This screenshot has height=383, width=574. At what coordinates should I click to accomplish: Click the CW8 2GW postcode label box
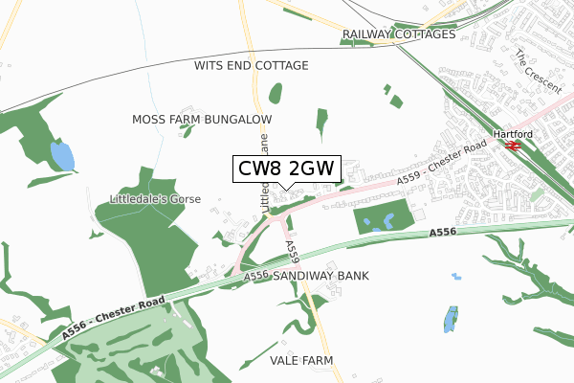(286, 169)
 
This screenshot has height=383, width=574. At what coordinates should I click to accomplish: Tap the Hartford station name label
(511, 134)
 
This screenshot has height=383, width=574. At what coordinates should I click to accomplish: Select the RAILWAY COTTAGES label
(399, 34)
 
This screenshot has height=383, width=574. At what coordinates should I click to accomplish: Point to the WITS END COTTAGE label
(251, 66)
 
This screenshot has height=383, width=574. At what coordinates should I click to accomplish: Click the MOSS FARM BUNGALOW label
(202, 119)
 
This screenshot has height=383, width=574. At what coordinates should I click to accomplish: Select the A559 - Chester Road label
(441, 167)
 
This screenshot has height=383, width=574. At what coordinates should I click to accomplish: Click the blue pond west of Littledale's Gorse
(60, 155)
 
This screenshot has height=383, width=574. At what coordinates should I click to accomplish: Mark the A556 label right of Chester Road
(442, 233)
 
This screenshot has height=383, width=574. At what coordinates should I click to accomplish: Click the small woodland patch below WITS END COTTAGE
(276, 94)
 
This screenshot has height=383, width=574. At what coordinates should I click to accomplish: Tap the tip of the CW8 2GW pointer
(286, 189)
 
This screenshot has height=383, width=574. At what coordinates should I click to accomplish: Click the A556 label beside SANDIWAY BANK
(255, 276)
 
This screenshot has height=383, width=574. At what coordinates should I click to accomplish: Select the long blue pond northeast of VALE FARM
(451, 319)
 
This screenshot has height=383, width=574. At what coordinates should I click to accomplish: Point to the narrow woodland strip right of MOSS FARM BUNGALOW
(320, 119)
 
